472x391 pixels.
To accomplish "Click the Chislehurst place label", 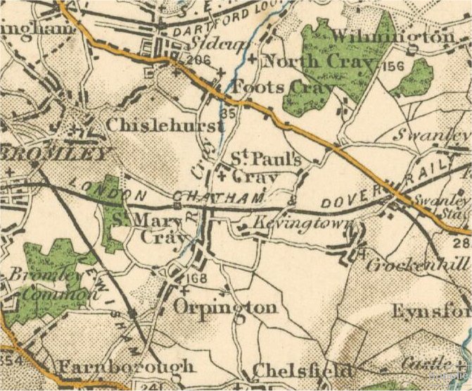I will (x=165, y=125).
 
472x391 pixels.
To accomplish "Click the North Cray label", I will (x=317, y=62).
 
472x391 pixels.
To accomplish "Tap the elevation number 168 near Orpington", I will (x=194, y=283).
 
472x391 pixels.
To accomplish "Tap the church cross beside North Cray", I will (x=252, y=60).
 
